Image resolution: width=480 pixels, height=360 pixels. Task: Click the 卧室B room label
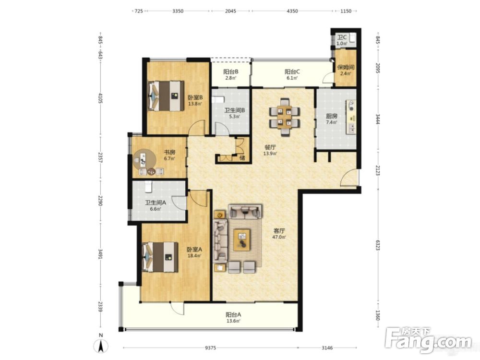click(x=195, y=98)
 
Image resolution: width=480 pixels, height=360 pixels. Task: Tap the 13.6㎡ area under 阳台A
click(x=233, y=321)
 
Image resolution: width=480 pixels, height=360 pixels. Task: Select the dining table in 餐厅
click(x=285, y=117)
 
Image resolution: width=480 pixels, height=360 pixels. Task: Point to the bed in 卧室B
click(x=166, y=96)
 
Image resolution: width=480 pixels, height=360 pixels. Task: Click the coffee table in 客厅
click(x=242, y=240)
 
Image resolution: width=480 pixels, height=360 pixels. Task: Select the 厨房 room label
click(x=332, y=116)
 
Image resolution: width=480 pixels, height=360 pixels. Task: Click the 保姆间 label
click(x=346, y=67)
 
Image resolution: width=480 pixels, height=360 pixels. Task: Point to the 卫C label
click(x=342, y=37)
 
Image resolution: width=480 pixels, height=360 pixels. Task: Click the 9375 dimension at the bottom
click(x=210, y=348)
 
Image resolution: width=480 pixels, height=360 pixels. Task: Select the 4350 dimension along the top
click(x=292, y=12)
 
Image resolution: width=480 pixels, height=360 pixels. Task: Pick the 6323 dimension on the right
click(x=377, y=245)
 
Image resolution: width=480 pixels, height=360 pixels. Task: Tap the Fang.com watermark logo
click(x=428, y=340)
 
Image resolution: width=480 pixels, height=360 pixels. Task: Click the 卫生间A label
click(x=156, y=203)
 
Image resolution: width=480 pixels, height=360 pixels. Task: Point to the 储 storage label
click(x=242, y=158)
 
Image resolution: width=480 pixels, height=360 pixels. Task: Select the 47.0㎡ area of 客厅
click(x=279, y=237)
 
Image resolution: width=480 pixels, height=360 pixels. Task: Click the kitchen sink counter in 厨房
click(x=351, y=117)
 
